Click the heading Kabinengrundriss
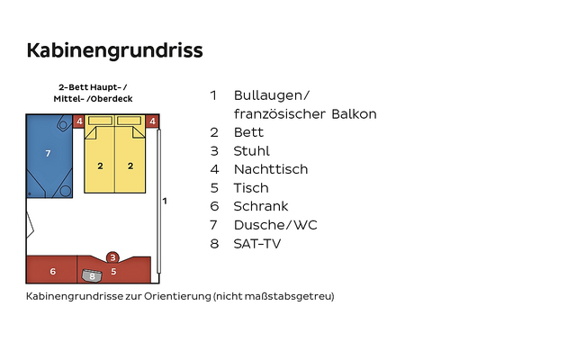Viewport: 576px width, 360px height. tap(114, 51)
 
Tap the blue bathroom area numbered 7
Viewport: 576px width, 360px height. tap(49, 156)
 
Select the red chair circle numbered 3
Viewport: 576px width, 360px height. tap(112, 257)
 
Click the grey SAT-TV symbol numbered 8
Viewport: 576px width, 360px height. tap(92, 275)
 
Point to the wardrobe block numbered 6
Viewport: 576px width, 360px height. tap(52, 270)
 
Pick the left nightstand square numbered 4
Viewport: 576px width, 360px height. tap(78, 121)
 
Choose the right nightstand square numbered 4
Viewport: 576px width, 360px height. tap(152, 121)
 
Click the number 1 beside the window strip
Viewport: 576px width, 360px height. tap(165, 201)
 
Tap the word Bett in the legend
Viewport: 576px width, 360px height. tap(248, 132)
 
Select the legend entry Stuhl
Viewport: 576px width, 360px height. tap(252, 151)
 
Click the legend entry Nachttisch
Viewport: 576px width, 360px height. tap(271, 169)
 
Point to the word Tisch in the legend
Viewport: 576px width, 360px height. tap(251, 188)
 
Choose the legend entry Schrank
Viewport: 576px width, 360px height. tap(261, 206)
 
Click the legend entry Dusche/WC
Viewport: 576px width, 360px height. tap(275, 225)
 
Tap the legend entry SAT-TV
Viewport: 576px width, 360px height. tap(257, 244)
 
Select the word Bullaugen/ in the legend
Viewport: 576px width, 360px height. tap(272, 95)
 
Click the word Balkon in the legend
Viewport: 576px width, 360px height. tap(354, 114)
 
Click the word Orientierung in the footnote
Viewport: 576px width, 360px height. tap(177, 296)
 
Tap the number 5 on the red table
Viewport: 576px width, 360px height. tap(113, 272)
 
